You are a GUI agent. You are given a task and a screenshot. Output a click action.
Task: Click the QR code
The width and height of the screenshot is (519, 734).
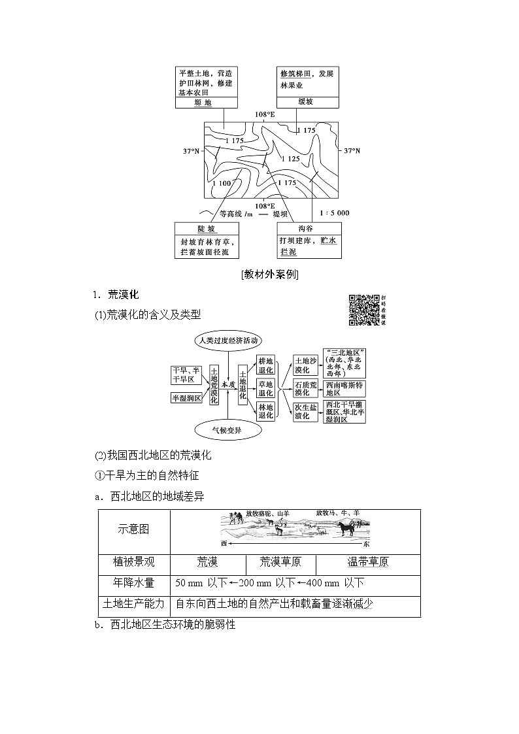[x=363, y=309]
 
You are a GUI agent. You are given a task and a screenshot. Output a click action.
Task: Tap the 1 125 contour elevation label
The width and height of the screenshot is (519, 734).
[x=290, y=159]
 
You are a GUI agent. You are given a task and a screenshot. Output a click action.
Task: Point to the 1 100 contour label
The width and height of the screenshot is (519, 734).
[x=222, y=183]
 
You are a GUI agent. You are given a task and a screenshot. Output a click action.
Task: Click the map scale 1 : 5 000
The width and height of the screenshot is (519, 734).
[x=335, y=212]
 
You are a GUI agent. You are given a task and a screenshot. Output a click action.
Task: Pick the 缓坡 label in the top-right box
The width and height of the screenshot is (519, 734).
[x=307, y=103]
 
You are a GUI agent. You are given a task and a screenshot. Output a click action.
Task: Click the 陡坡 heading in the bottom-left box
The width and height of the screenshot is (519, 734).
[x=207, y=229]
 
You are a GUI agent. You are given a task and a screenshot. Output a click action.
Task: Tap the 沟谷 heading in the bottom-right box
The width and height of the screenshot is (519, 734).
[x=306, y=229]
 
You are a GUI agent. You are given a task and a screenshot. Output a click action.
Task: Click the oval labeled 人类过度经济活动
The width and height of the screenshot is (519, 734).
[x=227, y=341]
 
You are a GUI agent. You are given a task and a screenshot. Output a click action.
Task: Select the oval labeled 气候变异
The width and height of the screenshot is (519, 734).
[x=227, y=430]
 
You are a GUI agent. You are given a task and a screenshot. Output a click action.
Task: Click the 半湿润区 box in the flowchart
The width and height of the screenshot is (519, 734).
[x=186, y=397]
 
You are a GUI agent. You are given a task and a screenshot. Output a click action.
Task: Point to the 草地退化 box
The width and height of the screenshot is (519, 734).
[x=265, y=388]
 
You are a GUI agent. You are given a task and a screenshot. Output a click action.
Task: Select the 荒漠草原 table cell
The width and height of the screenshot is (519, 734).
[x=280, y=562]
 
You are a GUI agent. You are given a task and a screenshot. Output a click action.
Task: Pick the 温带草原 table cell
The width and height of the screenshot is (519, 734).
[x=367, y=562]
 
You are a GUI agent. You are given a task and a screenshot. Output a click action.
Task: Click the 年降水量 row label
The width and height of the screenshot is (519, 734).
[x=133, y=583]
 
